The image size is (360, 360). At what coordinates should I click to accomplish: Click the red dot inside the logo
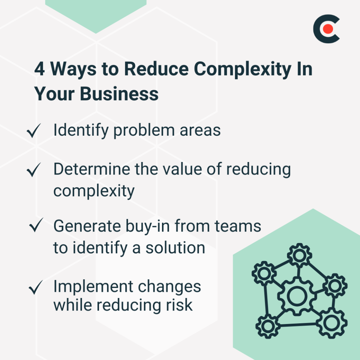[x=328, y=29]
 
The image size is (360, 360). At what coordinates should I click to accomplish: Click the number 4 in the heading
[x=40, y=70]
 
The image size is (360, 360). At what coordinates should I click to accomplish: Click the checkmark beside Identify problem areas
[x=34, y=132]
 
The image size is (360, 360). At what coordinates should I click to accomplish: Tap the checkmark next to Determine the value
[x=34, y=170]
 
